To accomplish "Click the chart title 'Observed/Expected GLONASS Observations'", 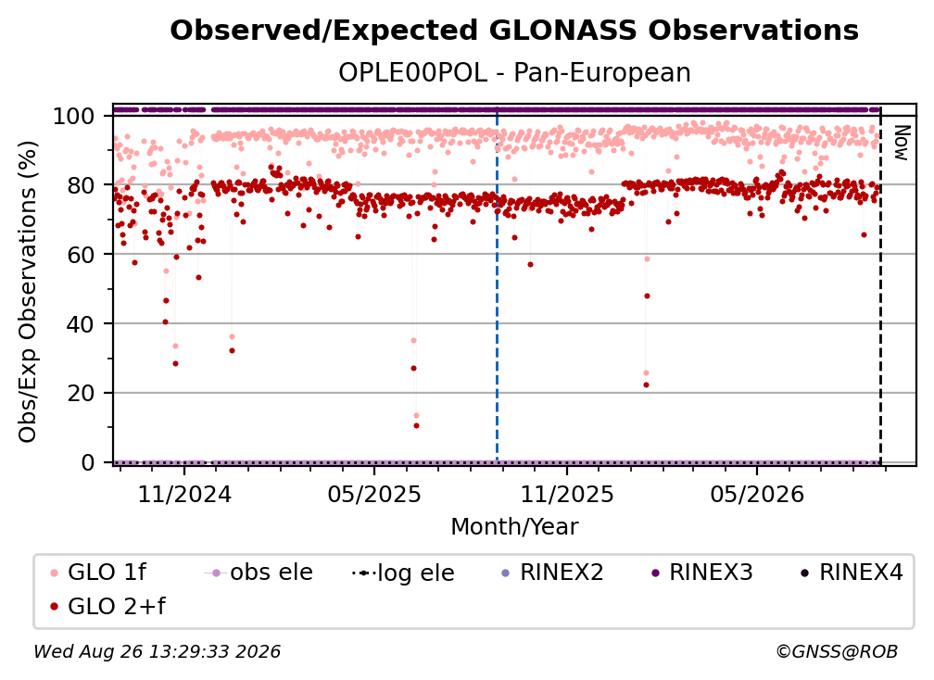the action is click(514, 31).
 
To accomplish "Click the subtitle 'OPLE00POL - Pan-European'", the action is click(514, 72).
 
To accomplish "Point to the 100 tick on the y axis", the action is click(82, 116).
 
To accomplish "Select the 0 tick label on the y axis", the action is click(88, 462).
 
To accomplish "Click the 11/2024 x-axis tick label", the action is click(184, 494).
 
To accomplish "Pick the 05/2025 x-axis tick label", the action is click(374, 494).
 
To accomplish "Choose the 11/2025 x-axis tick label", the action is click(567, 494).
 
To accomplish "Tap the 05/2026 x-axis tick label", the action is click(757, 494).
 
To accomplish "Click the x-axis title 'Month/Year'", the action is click(514, 526).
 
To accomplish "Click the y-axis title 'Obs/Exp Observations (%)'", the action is click(28, 292).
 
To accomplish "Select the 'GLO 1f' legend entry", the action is click(98, 573).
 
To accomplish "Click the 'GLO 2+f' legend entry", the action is click(107, 606).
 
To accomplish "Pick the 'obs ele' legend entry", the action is click(259, 573).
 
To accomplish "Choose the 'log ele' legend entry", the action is click(403, 573).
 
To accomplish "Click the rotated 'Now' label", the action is click(902, 143).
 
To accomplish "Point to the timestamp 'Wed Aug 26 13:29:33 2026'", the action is click(157, 651).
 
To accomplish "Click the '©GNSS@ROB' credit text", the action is click(837, 651).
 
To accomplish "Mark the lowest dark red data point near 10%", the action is click(416, 426).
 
